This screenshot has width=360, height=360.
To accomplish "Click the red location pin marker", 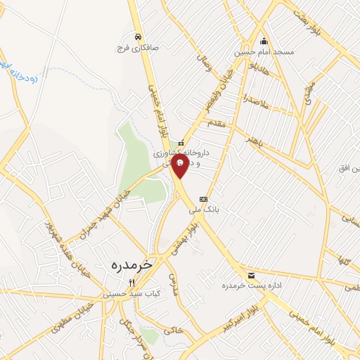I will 181,167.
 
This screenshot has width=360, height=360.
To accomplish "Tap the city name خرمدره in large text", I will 131,265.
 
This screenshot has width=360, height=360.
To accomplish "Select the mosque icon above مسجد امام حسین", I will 264,40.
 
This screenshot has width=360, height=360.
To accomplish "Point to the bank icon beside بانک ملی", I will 204,199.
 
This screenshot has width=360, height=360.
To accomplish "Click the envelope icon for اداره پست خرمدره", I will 251,275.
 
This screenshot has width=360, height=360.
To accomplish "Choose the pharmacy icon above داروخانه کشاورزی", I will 181,143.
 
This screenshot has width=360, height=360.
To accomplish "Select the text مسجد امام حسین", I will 264,52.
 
